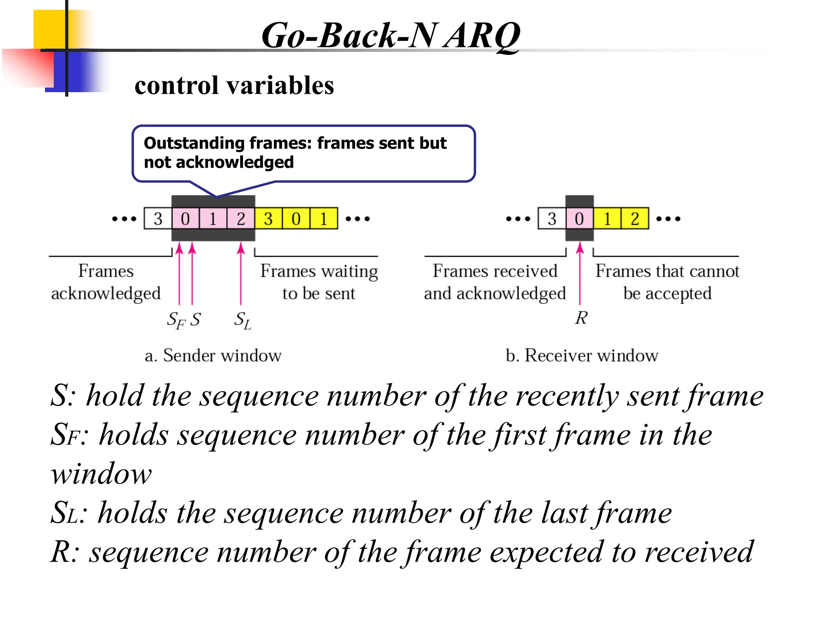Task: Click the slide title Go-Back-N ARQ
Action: point(390,36)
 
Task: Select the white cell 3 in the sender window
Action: point(158,219)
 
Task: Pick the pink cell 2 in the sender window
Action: point(241,219)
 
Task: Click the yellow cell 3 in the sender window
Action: point(268,219)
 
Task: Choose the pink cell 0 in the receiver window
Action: point(579,219)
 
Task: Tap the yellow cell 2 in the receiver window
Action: point(635,219)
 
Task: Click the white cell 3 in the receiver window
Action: point(552,219)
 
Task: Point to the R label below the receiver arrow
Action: point(581,318)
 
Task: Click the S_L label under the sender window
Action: point(242,320)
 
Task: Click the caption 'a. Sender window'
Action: point(213,355)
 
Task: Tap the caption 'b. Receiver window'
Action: point(582,355)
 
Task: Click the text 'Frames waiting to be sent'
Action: point(319,282)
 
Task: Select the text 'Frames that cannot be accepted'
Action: point(667,282)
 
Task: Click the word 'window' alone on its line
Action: point(101,474)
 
